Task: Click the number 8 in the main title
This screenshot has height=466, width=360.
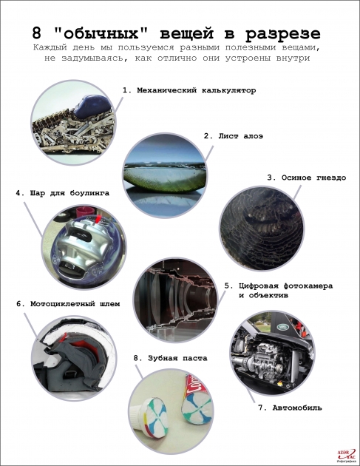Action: [36, 33]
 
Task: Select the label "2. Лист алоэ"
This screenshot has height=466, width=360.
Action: [233, 136]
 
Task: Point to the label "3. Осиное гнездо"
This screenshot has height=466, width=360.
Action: [306, 178]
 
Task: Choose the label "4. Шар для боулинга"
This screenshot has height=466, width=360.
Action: [62, 193]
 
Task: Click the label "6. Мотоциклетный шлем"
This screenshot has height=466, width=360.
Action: [69, 303]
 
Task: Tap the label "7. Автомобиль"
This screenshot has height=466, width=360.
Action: [289, 408]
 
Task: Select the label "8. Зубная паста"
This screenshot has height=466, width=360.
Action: [169, 358]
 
